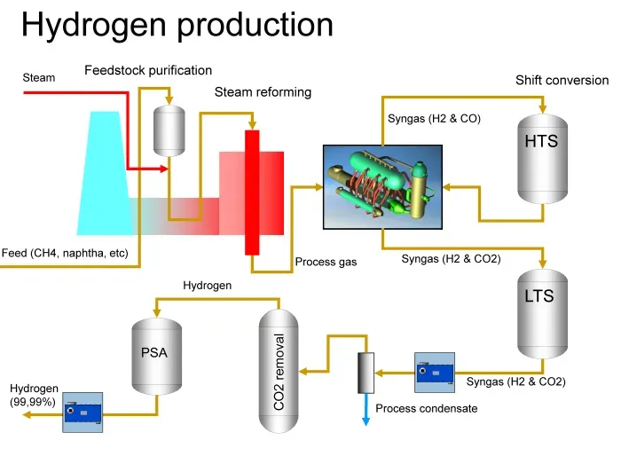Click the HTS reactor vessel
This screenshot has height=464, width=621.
click(543, 159)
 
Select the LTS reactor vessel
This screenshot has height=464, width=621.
click(543, 314)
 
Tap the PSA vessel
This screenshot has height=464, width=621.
click(157, 356)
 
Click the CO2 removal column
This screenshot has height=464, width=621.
click(279, 371)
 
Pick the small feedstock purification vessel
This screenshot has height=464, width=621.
click(169, 130)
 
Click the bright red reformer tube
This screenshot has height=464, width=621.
click(252, 193)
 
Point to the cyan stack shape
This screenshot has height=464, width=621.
click(105, 173)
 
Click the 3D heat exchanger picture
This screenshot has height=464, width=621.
click(382, 187)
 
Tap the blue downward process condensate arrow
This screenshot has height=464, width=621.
click(366, 409)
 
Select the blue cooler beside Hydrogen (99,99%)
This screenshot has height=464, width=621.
click(83, 413)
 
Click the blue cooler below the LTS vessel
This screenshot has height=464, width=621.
click(435, 373)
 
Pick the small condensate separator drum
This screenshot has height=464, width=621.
click(366, 373)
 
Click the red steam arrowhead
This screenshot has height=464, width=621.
click(164, 169)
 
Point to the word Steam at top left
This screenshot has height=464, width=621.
click(39, 77)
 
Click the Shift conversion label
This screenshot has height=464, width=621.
click(562, 81)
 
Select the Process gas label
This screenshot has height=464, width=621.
click(326, 262)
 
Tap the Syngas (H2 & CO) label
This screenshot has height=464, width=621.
click(434, 118)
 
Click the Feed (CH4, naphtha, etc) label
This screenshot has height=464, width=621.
click(65, 253)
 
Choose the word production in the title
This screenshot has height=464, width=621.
click(255, 25)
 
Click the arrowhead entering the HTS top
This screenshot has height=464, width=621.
click(543, 108)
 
